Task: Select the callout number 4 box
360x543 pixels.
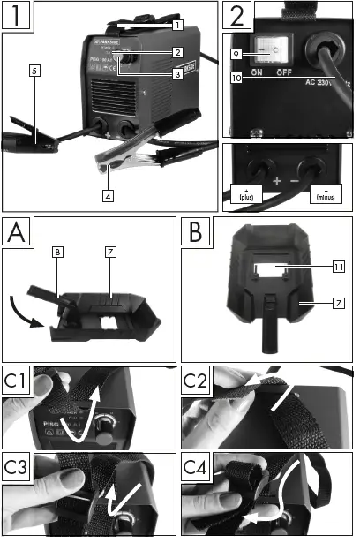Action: click(107, 195)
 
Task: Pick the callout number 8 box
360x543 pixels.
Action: click(57, 253)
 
